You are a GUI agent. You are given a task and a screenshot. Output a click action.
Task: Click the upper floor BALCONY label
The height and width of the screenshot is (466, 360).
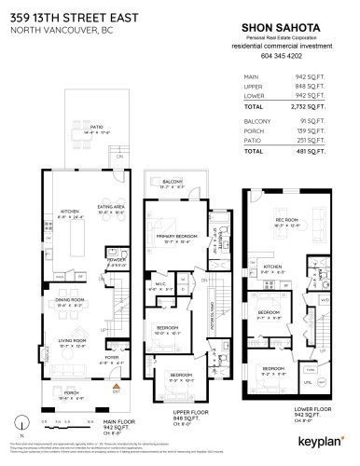(171, 181)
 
